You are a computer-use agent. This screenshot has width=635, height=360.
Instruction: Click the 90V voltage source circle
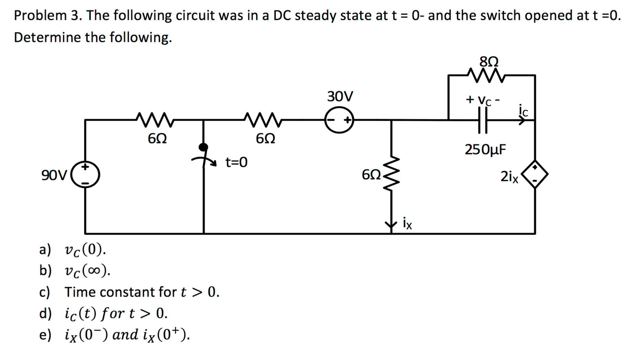(x=85, y=175)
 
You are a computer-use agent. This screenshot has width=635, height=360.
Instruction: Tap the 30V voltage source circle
(x=339, y=120)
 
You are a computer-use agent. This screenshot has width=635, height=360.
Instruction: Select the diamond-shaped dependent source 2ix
(x=535, y=174)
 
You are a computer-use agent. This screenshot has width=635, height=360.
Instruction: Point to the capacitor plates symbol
(x=483, y=120)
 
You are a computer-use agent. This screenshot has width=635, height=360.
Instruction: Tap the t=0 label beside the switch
(x=236, y=162)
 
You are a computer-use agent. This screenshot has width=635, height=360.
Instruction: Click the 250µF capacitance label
(x=485, y=149)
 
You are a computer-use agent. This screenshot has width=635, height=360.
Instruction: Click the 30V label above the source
(x=340, y=96)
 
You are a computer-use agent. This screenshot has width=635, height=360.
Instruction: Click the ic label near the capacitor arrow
(x=523, y=110)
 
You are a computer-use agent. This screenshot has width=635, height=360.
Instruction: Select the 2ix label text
(x=509, y=176)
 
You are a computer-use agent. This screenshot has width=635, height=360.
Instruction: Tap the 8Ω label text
(x=489, y=62)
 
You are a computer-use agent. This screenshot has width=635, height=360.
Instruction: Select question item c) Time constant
(x=141, y=292)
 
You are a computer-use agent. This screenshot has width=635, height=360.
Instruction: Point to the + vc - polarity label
(x=483, y=100)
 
